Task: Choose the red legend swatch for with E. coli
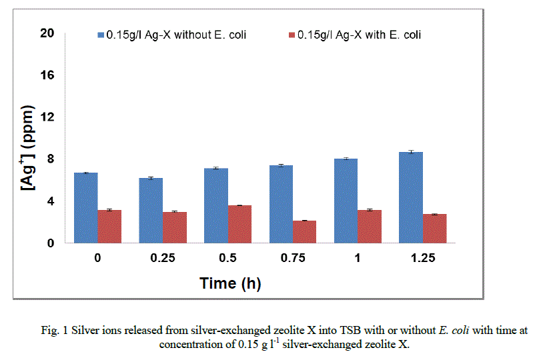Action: click(x=293, y=35)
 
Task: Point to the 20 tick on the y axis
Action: click(x=47, y=33)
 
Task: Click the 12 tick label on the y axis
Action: click(x=47, y=117)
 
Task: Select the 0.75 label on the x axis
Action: click(x=292, y=259)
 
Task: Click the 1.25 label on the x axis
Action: click(x=422, y=259)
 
